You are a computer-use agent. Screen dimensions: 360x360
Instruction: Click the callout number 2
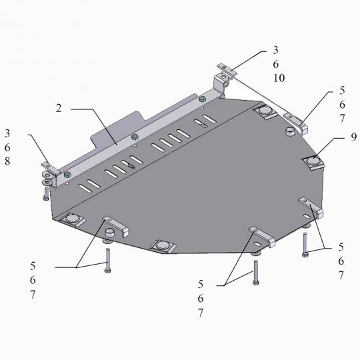pos(59,108)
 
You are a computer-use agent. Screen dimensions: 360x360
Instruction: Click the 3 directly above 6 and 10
pos(275,49)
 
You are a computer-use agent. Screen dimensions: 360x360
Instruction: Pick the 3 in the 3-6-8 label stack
pos(7,133)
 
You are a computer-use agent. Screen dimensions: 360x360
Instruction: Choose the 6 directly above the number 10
pos(275,64)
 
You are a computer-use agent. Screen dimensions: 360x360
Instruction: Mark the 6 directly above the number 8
pos(7,147)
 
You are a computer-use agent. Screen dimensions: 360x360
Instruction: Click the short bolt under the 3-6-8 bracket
pos(45,194)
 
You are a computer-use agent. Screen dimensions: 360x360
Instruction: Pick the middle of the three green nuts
pos(135,137)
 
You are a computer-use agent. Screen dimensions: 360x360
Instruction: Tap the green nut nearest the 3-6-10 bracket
pos(202,99)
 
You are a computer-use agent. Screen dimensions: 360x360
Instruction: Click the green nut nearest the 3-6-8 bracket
pos(68,175)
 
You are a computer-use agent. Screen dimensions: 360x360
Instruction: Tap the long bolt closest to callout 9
pos(305,244)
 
